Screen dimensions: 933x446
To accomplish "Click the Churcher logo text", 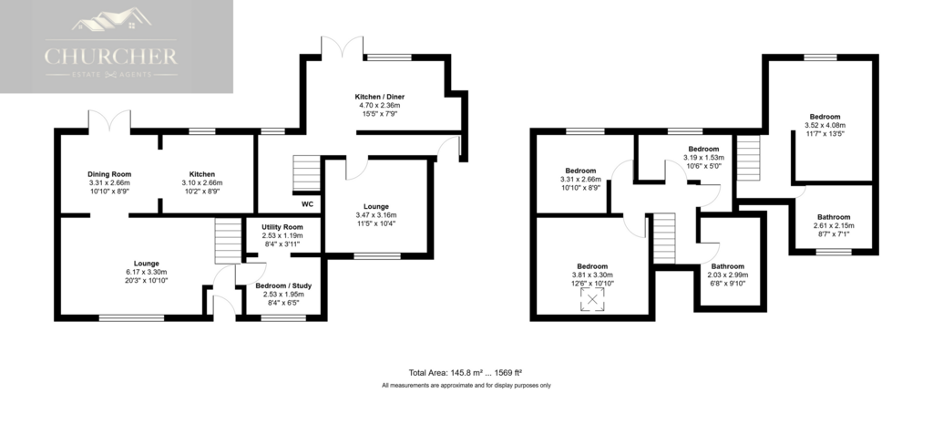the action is coord(110,57).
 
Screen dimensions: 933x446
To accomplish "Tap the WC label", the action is coord(307,204).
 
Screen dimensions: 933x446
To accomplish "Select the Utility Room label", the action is coord(282,227).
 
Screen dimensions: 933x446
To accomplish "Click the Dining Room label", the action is coord(109,174).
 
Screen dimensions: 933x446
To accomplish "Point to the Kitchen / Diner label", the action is coord(380,97).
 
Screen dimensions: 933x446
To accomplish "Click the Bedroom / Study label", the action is coord(283,285).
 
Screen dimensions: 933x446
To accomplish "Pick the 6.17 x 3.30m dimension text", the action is coord(147,272).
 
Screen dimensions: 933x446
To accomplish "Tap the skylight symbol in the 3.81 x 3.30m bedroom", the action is coord(592,300).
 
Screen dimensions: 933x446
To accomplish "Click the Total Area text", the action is coord(466,373).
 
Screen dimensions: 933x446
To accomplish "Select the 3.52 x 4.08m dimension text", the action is coord(824,125).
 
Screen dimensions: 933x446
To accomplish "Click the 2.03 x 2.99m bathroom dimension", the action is coord(727,275).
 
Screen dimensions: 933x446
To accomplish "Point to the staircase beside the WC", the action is coord(307,174).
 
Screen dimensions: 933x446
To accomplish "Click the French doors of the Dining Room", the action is coord(109,120).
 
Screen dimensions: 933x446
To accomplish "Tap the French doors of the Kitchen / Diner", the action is coord(343,47).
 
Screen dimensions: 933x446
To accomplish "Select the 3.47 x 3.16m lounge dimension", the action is coord(376,215).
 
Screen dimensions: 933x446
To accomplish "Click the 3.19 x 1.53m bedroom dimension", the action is coord(703,158).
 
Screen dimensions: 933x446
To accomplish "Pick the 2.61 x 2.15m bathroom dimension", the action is coord(834,225).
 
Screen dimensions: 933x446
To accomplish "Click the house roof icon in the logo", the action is coord(111,20).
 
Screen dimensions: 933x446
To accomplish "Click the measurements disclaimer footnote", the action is coord(466,386).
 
